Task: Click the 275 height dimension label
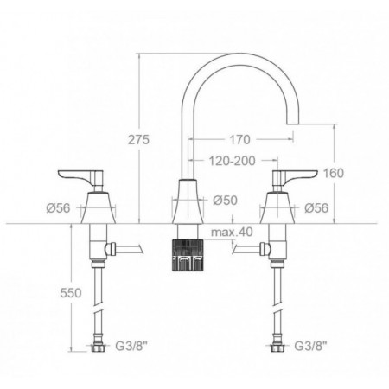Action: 138,140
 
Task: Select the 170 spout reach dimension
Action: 239,140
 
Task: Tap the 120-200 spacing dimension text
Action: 232,161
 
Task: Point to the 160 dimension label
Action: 334,173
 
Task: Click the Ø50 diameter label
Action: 226,201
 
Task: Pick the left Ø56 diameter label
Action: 58,208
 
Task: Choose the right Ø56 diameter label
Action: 316,208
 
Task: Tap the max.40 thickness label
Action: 232,232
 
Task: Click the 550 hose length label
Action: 71,293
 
